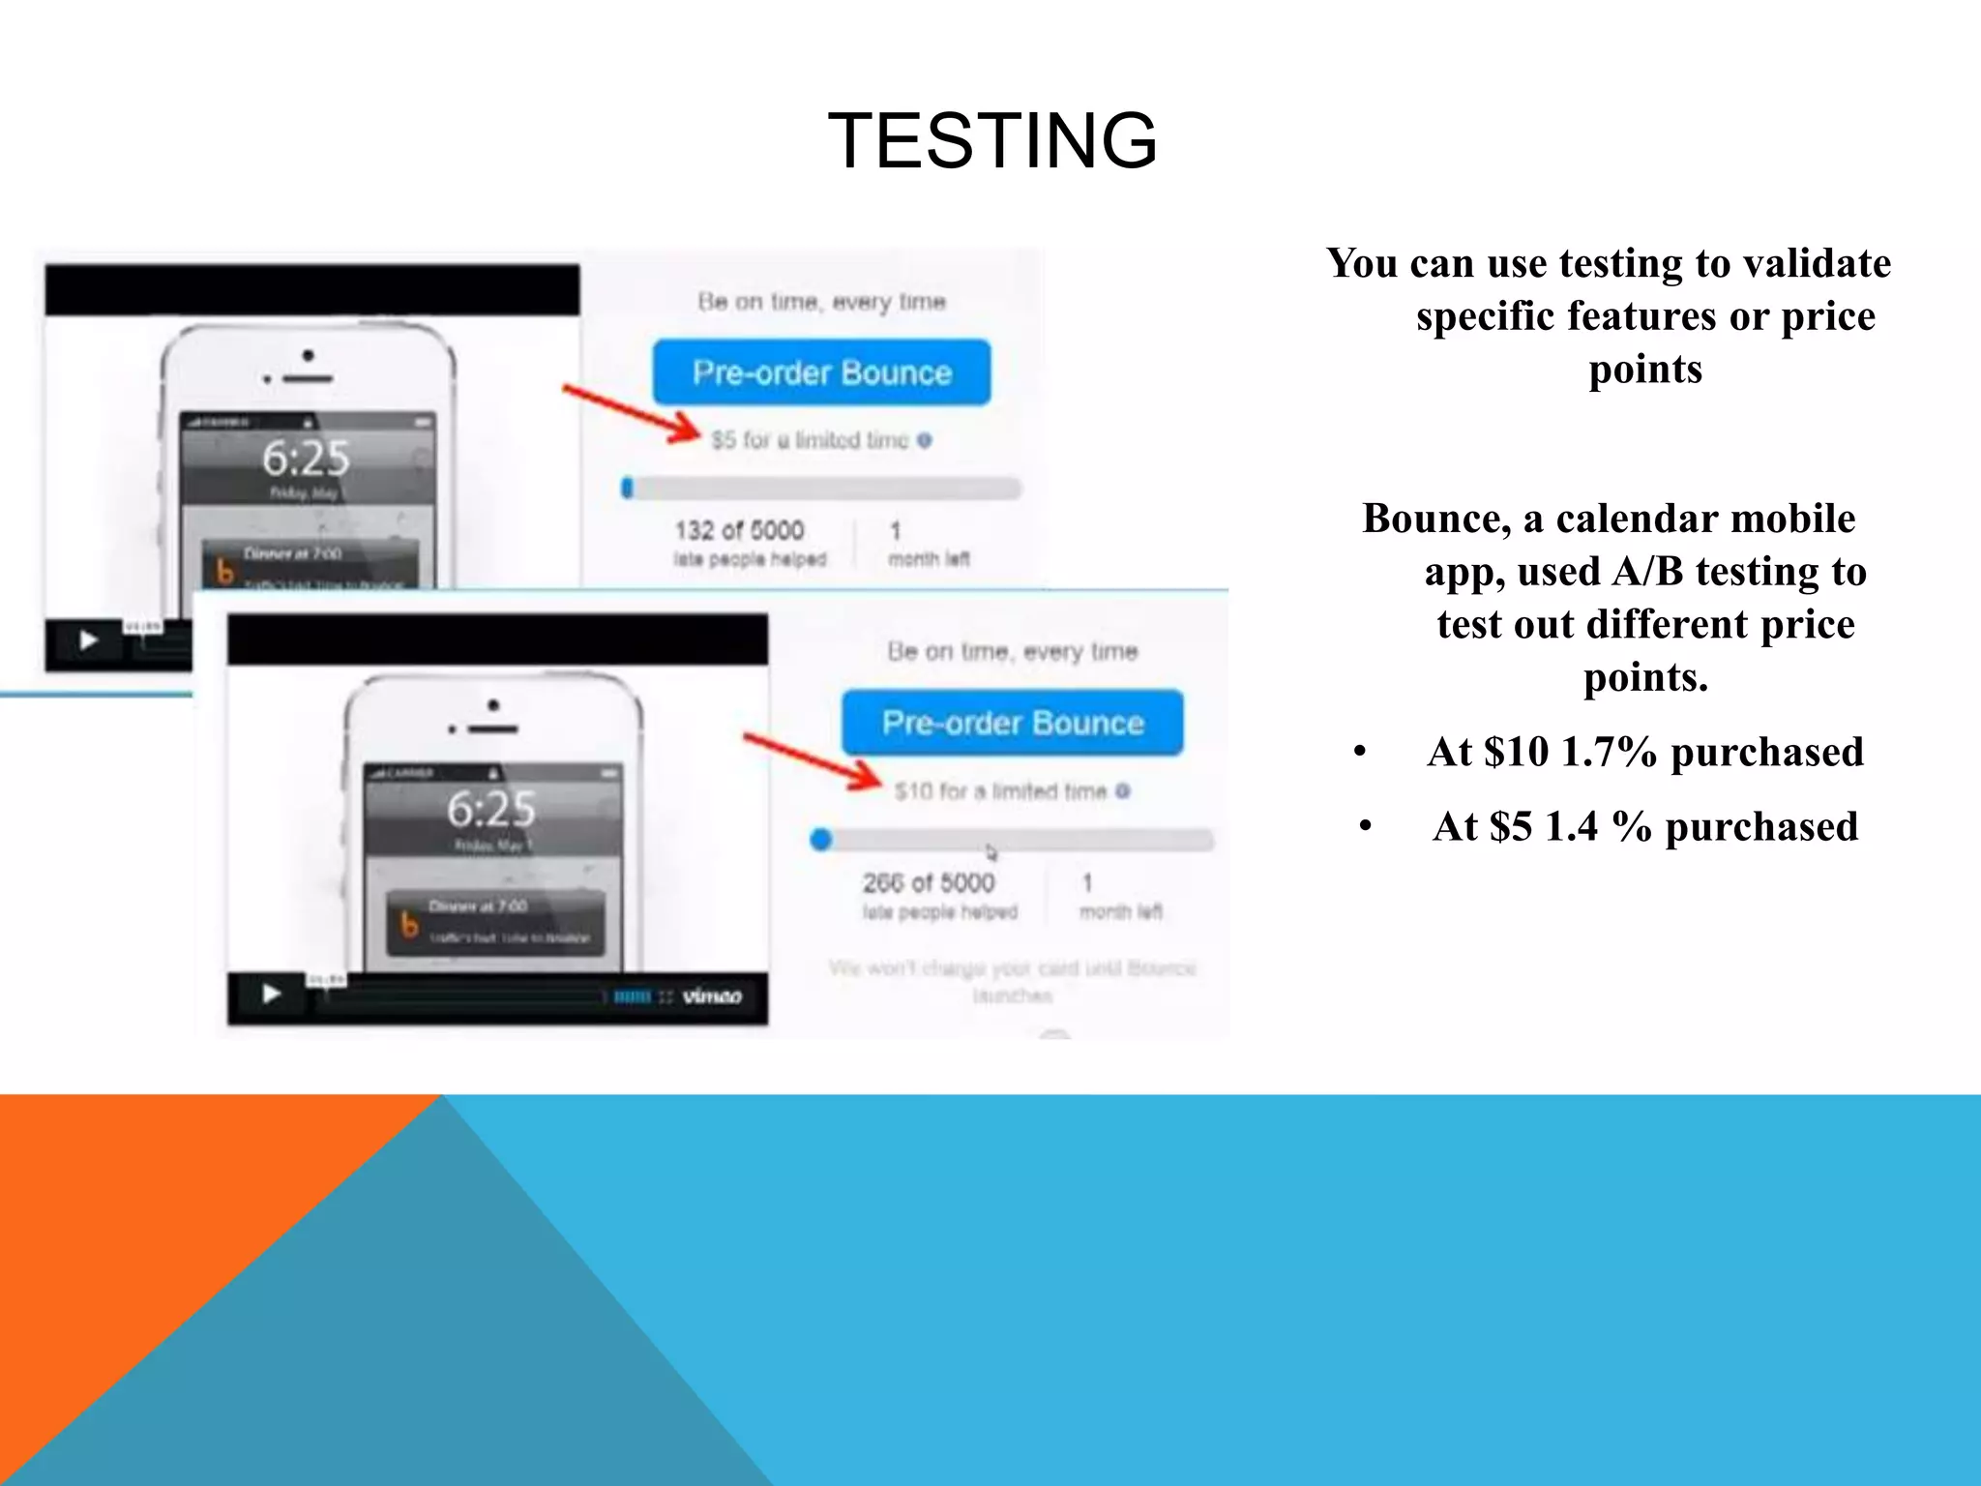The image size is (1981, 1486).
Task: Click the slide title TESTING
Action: pyautogui.click(x=992, y=141)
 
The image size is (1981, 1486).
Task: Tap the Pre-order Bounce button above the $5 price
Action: pyautogui.click(x=821, y=372)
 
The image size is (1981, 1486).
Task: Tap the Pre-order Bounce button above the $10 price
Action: pyautogui.click(x=1012, y=723)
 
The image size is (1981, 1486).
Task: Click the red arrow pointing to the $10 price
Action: pyautogui.click(x=813, y=763)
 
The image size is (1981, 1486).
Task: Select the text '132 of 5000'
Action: pyautogui.click(x=739, y=530)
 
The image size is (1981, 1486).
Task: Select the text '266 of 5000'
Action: pyautogui.click(x=929, y=882)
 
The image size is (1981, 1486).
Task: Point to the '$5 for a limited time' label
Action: pyautogui.click(x=811, y=440)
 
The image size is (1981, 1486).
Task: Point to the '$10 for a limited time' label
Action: pyautogui.click(x=1000, y=791)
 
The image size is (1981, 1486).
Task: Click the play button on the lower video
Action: pyautogui.click(x=272, y=994)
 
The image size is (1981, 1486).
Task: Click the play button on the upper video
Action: pyautogui.click(x=89, y=640)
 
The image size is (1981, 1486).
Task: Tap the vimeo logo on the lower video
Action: pyautogui.click(x=712, y=996)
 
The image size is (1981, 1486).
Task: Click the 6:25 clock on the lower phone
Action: pyautogui.click(x=491, y=809)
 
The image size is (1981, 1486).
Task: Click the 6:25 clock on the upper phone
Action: pyautogui.click(x=306, y=458)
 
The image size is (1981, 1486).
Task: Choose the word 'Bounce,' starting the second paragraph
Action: pyautogui.click(x=1436, y=519)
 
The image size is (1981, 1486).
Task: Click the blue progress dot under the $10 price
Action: pyautogui.click(x=821, y=840)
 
